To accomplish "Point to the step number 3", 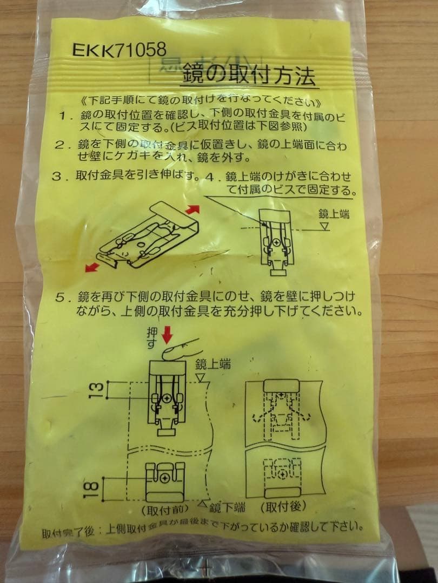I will click(57, 175).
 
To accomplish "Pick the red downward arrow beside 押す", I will click(167, 336).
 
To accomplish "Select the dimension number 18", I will click(93, 489).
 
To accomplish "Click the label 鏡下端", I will click(227, 507).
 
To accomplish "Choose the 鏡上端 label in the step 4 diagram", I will click(334, 214).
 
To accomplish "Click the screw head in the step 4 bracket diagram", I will click(276, 243).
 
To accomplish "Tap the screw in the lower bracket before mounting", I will click(165, 478).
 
